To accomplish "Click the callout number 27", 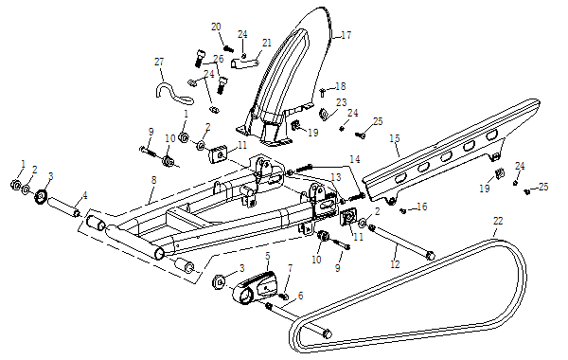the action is (x=159, y=62).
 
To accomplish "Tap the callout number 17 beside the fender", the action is (x=346, y=35).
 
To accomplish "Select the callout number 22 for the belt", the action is (x=498, y=221).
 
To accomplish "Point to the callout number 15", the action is (x=395, y=138).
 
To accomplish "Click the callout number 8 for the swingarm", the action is (x=154, y=180).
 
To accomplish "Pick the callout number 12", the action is (x=395, y=264).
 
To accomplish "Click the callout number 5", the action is (x=268, y=257).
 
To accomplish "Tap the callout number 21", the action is (x=267, y=43).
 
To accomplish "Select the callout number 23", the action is (x=342, y=102).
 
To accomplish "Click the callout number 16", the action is (x=422, y=207).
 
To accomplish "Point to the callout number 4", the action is (x=85, y=196).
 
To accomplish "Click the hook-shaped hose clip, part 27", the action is (x=172, y=93).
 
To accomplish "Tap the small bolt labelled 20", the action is (x=228, y=48).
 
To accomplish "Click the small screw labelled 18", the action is (x=322, y=93).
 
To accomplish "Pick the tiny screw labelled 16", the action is (x=403, y=210).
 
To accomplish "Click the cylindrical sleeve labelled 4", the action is (x=63, y=207).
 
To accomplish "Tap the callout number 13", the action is (x=336, y=177).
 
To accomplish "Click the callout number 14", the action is (x=355, y=159).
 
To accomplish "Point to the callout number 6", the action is (x=300, y=296).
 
